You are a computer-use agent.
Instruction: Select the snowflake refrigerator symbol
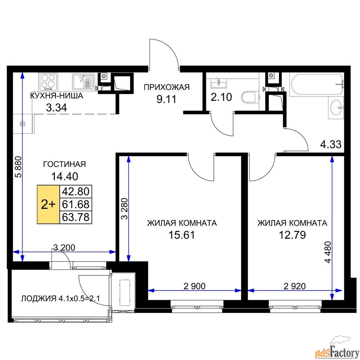23,124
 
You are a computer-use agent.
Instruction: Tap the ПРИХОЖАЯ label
166,87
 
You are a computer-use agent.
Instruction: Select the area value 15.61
182,235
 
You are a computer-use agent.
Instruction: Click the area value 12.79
292,235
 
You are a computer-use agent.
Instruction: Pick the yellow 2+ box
48,204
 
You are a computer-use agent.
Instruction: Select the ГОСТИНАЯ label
64,164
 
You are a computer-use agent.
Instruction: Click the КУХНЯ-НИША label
57,96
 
